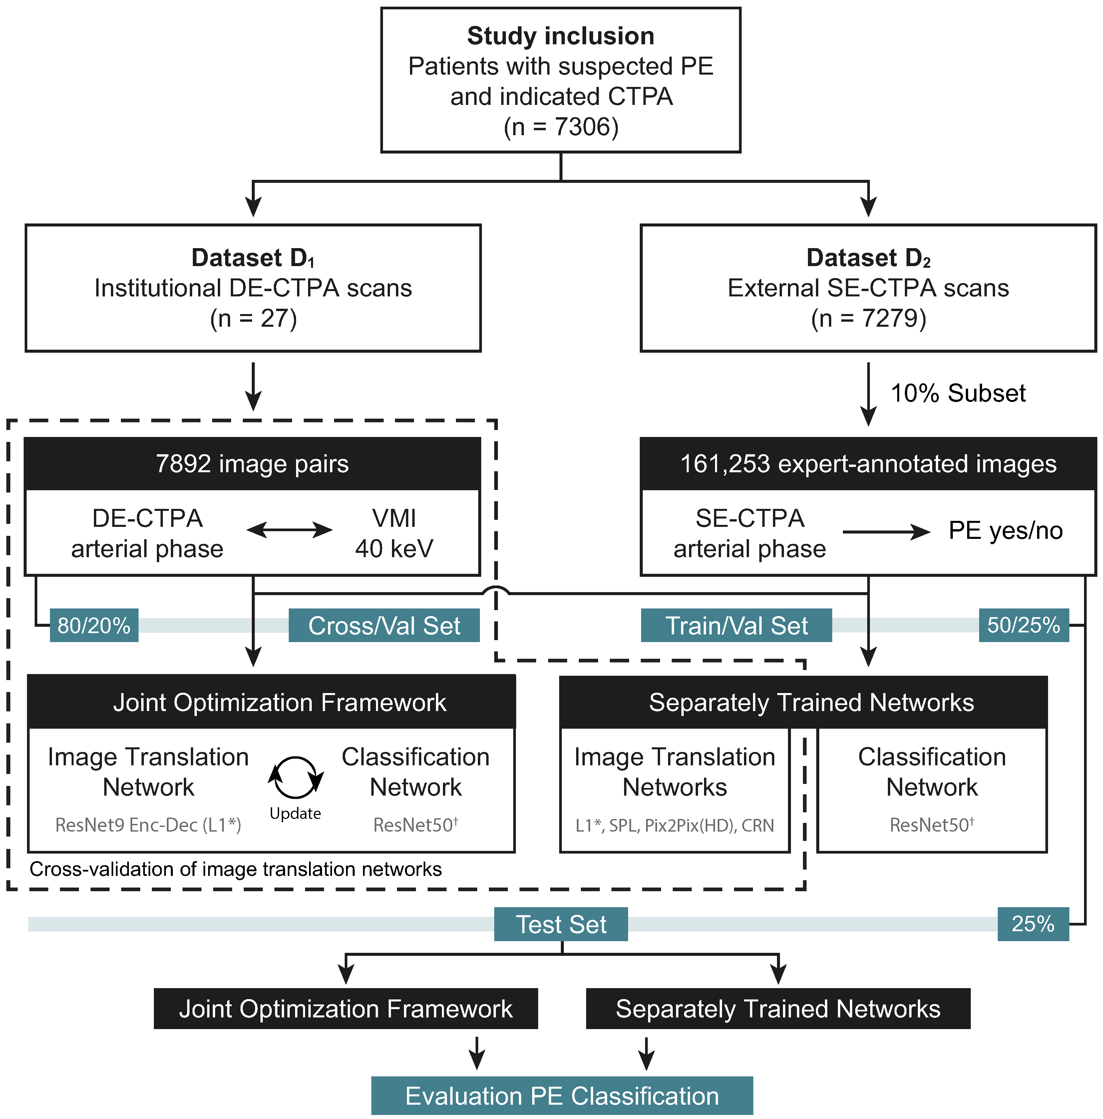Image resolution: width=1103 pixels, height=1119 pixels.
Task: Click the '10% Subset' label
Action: point(957,393)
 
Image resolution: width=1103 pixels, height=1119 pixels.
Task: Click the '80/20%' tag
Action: point(94,625)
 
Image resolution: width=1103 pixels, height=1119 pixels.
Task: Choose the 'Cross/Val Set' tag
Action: point(384,625)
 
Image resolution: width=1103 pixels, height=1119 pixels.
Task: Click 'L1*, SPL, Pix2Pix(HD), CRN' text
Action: point(674,825)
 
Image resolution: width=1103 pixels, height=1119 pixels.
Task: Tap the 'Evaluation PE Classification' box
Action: point(561,1096)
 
